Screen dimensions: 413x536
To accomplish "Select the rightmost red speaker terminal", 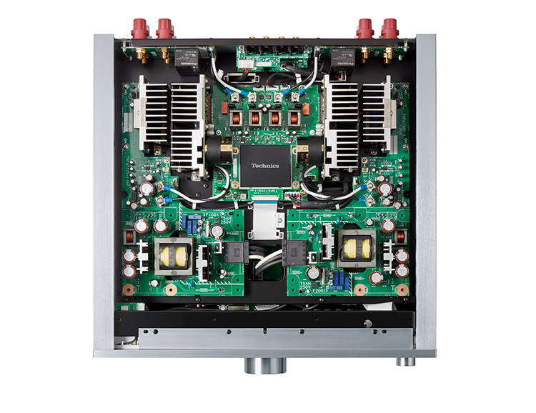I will [x=389, y=29].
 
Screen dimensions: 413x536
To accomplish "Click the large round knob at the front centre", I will [x=267, y=365].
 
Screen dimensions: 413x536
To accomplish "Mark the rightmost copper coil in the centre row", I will [x=294, y=118].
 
